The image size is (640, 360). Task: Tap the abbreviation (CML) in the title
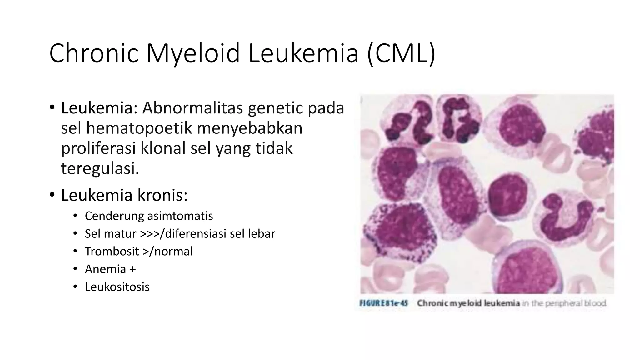tap(401, 54)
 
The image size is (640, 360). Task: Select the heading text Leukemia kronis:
tap(124, 195)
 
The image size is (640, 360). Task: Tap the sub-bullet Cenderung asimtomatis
tap(149, 216)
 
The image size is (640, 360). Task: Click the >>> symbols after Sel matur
tap(149, 234)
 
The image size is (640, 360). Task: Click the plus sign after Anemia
tap(132, 269)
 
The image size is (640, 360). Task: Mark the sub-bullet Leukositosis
tap(117, 287)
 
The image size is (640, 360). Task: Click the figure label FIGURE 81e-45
tap(384, 303)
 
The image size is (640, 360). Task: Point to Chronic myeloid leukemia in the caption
tap(468, 303)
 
